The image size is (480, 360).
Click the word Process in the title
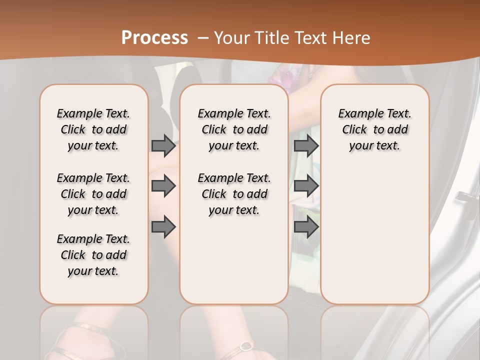(154, 37)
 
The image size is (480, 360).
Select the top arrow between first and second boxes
(163, 145)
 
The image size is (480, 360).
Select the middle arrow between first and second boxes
(163, 186)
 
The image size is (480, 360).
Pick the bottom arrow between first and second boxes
(163, 227)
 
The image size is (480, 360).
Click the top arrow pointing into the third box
(306, 145)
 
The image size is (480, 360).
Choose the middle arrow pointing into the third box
(306, 186)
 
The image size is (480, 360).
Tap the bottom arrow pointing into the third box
(306, 227)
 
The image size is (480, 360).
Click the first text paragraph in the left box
(93, 129)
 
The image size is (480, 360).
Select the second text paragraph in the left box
(93, 194)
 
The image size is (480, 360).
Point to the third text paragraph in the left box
(93, 255)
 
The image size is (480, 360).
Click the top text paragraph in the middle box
(234, 129)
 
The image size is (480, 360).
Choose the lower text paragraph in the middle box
(234, 194)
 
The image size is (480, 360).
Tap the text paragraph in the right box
(374, 129)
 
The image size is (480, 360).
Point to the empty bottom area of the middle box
(234, 265)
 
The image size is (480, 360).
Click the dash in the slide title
(203, 37)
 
